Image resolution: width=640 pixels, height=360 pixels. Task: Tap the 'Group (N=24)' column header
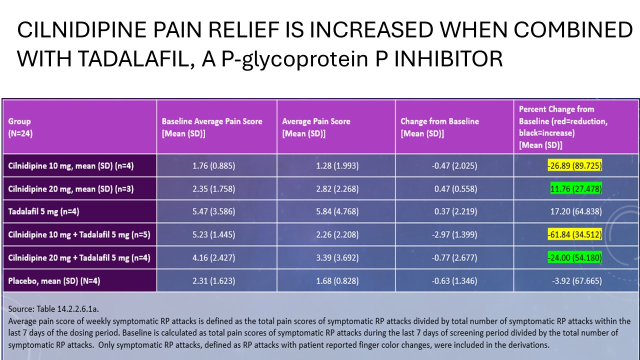(x=20, y=127)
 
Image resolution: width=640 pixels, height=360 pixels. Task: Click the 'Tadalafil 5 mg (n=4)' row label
(x=44, y=211)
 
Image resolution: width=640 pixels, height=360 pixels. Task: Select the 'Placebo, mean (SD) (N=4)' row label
(x=54, y=281)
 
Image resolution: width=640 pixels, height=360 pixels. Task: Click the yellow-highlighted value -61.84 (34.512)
(x=574, y=234)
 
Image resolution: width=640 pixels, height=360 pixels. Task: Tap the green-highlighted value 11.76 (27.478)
(x=576, y=188)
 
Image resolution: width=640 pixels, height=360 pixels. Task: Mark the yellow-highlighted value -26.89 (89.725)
(x=574, y=165)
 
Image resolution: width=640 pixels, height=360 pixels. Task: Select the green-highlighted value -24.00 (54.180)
(x=574, y=258)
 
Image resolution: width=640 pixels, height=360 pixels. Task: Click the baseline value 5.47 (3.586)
(x=213, y=211)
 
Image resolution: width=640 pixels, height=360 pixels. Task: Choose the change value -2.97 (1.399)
(x=454, y=234)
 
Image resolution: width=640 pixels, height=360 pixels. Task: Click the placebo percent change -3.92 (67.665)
(x=575, y=281)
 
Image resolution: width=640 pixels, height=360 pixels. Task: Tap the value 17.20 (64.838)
(x=575, y=211)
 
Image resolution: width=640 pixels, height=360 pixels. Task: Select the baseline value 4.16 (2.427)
(x=213, y=258)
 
